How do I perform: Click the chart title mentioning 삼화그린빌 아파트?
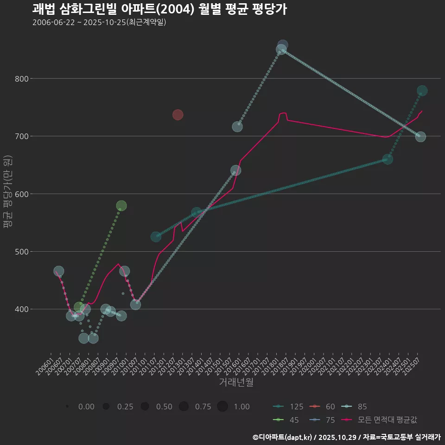159,9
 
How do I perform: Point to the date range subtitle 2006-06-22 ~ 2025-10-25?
99,22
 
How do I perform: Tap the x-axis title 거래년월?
236,382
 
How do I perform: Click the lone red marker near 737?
178,114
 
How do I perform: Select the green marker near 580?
121,206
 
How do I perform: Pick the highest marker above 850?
283,45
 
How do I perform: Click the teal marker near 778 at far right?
422,91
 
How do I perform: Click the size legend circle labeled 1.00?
222,407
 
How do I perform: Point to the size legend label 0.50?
164,407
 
